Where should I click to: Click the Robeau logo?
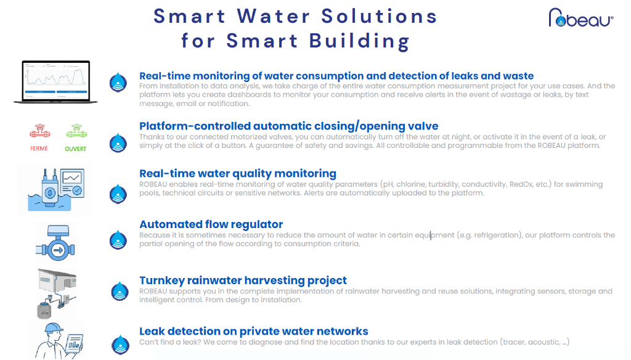tap(580, 18)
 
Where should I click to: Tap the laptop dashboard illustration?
tap(55, 82)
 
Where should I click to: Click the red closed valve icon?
tap(39, 131)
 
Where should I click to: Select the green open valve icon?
tap(76, 131)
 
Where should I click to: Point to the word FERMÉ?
tap(39, 148)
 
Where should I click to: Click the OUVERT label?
tap(76, 149)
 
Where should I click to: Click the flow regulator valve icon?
tap(55, 243)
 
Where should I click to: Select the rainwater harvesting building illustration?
tap(57, 293)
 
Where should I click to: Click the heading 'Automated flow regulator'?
tap(211, 224)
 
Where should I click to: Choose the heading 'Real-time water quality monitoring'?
tap(238, 174)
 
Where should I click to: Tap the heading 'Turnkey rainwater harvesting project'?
tap(243, 280)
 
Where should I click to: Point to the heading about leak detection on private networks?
tap(253, 331)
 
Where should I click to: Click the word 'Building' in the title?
tap(359, 41)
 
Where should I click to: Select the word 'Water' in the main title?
tap(274, 17)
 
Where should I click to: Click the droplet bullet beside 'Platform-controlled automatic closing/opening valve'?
tap(118, 142)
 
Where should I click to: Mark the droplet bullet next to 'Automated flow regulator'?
tap(118, 240)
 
